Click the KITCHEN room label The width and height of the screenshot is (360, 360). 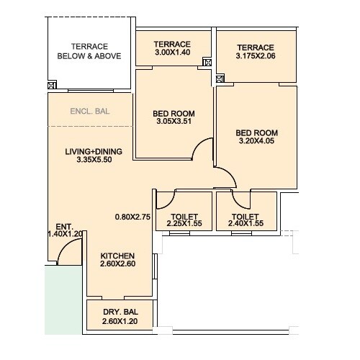tap(118, 255)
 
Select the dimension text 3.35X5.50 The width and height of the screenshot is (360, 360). tap(94, 160)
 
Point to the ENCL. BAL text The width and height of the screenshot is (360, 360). tap(89, 112)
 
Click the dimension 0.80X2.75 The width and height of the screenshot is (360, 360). tap(132, 216)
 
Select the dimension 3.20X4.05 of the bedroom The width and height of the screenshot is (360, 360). tap(257, 142)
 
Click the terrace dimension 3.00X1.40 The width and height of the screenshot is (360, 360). tap(172, 53)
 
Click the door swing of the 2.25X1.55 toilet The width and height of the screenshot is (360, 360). tap(165, 199)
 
